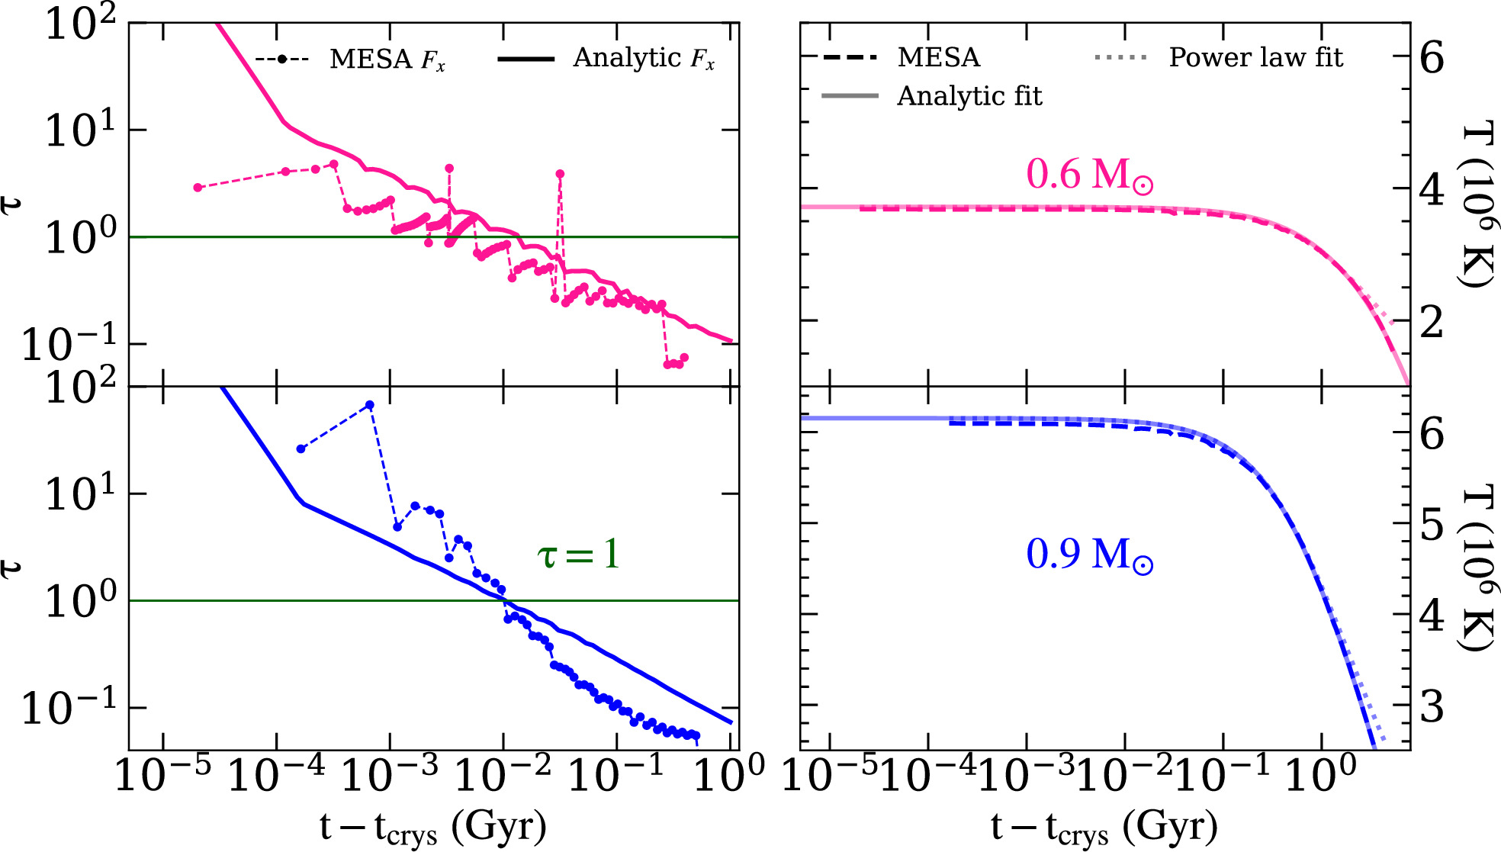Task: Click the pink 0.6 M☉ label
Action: (1088, 175)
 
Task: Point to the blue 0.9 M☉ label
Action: (1088, 555)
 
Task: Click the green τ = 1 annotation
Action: (579, 555)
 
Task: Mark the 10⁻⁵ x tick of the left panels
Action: (162, 776)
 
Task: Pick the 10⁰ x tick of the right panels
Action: (1321, 776)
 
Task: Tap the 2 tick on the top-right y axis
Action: (1432, 322)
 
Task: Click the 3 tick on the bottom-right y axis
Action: (1432, 707)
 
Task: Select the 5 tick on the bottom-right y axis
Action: (1432, 526)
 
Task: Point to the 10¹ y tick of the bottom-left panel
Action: (80, 494)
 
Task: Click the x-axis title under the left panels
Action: (432, 827)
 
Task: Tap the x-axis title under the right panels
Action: (1104, 827)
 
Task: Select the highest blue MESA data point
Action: (370, 405)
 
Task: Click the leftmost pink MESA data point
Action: (198, 187)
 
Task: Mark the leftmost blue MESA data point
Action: (301, 449)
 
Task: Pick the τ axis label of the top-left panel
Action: (11, 204)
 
